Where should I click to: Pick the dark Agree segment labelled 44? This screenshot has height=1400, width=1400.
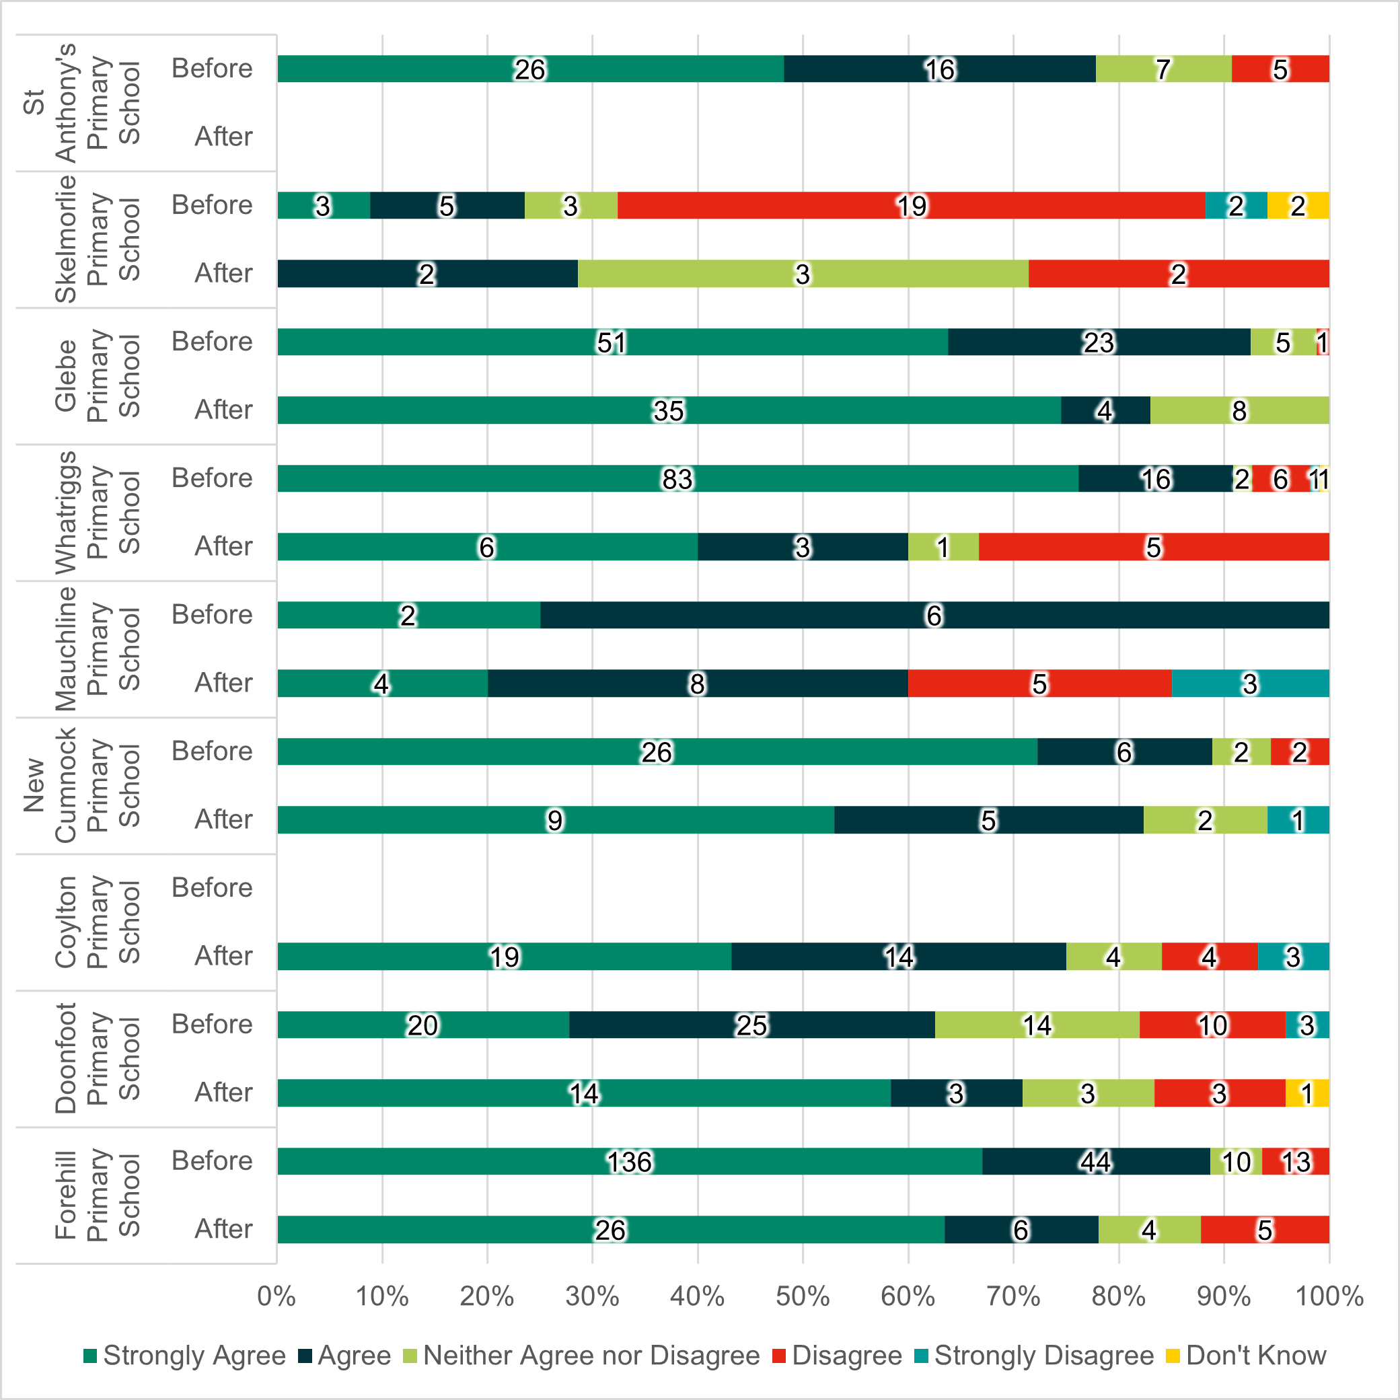tap(1096, 1161)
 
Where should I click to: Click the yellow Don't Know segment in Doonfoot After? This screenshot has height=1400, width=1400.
tap(1307, 1093)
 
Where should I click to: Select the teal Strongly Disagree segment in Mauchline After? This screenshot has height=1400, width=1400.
tap(1250, 684)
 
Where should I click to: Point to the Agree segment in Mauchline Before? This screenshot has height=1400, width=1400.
tap(934, 615)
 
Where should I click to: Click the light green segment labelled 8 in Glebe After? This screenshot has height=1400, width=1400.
tap(1239, 410)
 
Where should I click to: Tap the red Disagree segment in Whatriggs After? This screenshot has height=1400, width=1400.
tap(1154, 546)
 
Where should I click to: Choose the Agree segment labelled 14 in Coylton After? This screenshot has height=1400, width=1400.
tap(899, 957)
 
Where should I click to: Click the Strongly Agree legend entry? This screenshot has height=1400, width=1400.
tap(185, 1356)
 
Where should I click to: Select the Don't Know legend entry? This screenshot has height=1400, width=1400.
tap(1246, 1356)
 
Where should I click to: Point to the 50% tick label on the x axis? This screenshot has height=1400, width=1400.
tap(802, 1296)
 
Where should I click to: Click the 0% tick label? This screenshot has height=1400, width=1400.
tap(276, 1296)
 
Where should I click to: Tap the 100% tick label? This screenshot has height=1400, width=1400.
tap(1329, 1296)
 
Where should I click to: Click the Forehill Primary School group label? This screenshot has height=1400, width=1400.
tap(97, 1195)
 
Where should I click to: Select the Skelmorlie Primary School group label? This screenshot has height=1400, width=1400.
tap(97, 239)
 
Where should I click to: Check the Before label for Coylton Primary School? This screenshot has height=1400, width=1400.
tap(212, 887)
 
